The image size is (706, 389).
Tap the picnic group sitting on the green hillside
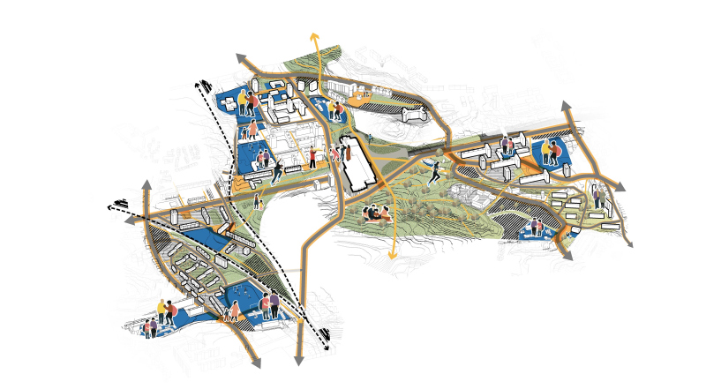pos(379,213)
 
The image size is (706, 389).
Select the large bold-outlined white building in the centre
pos(357,164)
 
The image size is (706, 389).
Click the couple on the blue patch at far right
pos(552,153)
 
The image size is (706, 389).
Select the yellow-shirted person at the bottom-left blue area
pos(162,310)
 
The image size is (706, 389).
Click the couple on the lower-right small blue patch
pos(537,228)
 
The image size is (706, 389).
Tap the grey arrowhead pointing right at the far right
pos(621,187)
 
